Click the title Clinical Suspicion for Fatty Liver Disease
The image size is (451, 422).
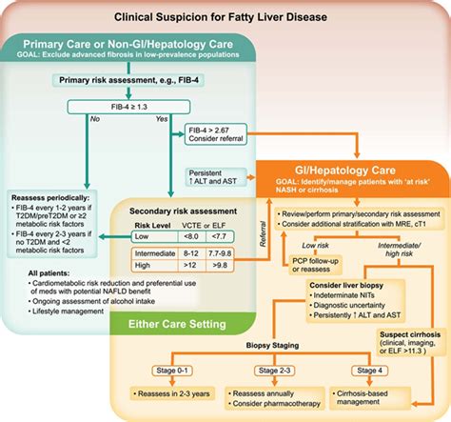pos(225,17)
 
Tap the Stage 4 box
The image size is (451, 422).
pos(363,369)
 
